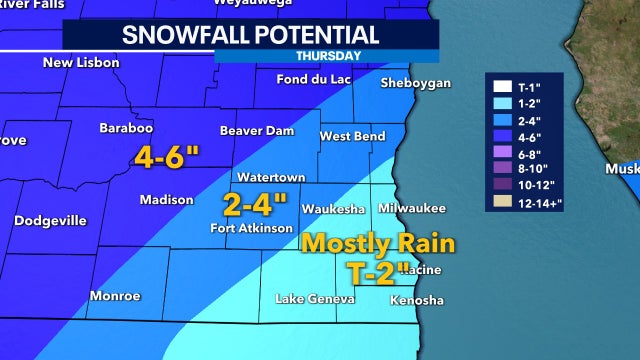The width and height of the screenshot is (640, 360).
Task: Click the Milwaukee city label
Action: tap(412, 208)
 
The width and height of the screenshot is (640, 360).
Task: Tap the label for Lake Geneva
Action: tap(315, 300)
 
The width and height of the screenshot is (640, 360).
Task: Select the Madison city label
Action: tap(166, 200)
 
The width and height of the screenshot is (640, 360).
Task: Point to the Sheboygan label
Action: tap(417, 83)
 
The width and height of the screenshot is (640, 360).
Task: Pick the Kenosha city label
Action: tap(417, 300)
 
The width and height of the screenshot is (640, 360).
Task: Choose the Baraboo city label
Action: tap(125, 128)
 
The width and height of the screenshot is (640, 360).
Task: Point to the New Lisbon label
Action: tap(81, 63)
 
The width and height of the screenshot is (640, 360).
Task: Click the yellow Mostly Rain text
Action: tap(378, 243)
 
